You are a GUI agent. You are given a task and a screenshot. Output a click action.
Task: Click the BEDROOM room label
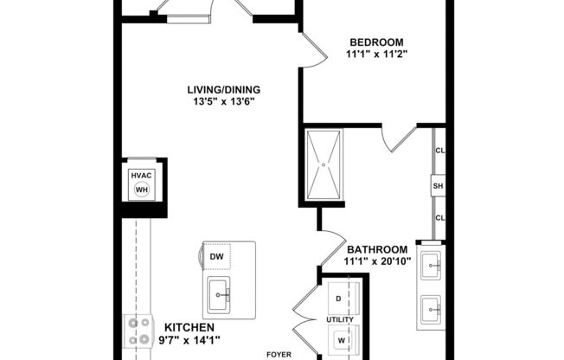(376, 42)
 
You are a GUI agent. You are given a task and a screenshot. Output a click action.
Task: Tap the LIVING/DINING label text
(224, 89)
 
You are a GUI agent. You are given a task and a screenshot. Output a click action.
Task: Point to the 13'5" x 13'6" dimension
(224, 101)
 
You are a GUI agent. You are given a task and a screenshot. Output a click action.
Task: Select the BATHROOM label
(376, 249)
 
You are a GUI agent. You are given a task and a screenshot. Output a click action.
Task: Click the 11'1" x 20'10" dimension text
(376, 260)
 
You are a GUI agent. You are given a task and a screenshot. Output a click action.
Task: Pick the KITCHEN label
(189, 327)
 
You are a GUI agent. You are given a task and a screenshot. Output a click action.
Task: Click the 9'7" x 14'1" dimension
(189, 339)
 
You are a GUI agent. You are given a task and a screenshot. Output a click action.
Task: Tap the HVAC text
(141, 175)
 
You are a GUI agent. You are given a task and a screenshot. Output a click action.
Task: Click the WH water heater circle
(141, 190)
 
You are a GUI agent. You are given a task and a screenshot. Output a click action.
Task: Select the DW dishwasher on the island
(216, 256)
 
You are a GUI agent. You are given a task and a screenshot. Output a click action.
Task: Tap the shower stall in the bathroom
(324, 164)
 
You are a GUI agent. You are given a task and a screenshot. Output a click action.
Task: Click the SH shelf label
(439, 185)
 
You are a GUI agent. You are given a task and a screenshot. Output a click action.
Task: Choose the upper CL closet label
(439, 151)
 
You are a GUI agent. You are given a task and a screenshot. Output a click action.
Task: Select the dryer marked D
(338, 298)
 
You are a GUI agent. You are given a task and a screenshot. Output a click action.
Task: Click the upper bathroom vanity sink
(429, 265)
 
